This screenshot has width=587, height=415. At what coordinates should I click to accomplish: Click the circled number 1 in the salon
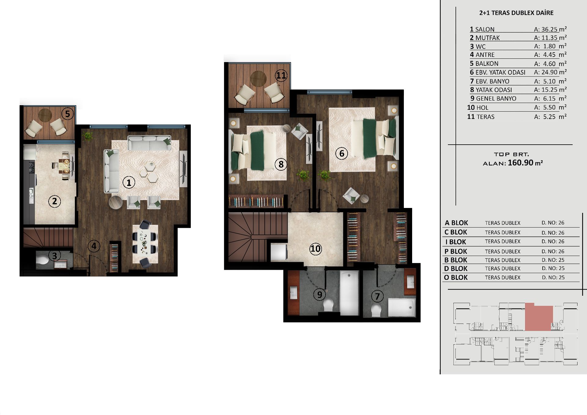pos(129,183)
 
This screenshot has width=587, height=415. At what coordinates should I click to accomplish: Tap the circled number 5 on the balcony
pos(68,114)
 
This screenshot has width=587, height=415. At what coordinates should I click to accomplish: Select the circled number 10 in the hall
pos(316,249)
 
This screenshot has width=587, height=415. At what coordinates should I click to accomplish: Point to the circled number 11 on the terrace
pos(281,75)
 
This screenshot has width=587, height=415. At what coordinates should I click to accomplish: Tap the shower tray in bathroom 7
pos(402,308)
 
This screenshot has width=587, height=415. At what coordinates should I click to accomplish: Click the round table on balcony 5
pos(45,115)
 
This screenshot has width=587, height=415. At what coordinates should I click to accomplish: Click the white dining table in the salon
pos(145,244)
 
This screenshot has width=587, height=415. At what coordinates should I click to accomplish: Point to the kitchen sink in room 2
pos(31,196)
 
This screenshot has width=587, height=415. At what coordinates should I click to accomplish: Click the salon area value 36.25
pos(549,29)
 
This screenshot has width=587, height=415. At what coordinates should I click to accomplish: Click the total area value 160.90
pos(520,162)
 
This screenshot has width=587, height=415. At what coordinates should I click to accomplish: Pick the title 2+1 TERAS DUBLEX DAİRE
pos(516,13)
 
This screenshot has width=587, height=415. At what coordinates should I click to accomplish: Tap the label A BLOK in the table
pos(456,223)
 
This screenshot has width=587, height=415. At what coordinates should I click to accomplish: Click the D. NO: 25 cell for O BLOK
pos(553,277)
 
